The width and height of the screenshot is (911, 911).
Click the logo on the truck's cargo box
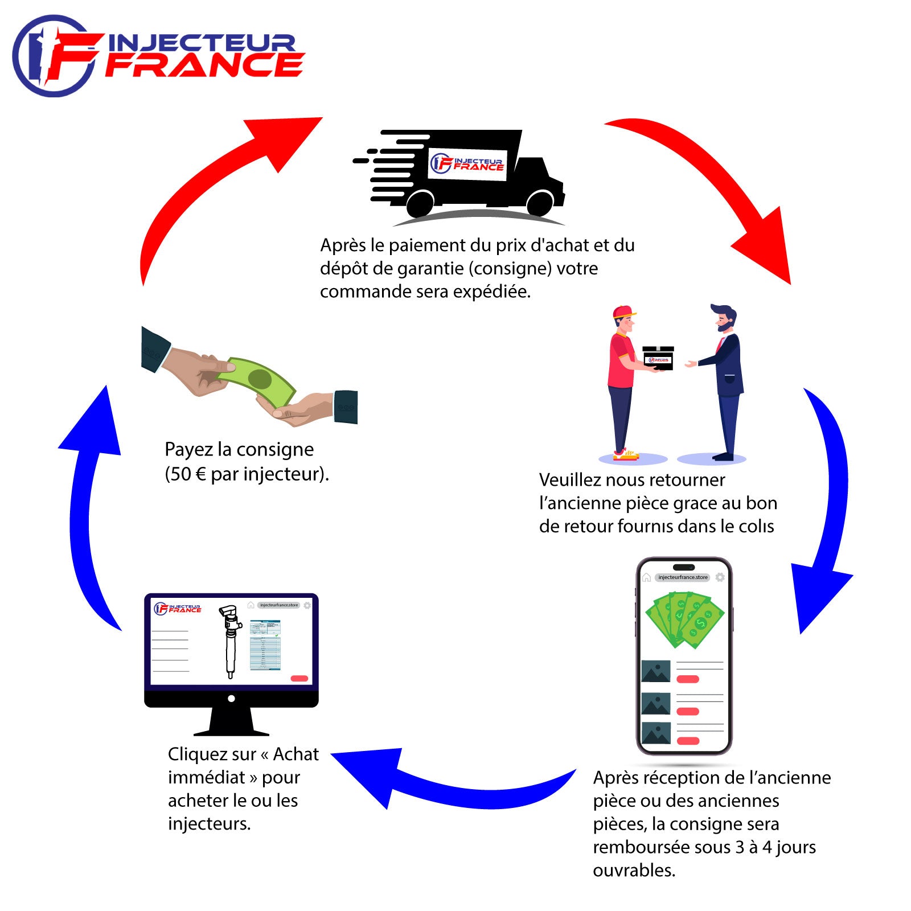click(x=467, y=163)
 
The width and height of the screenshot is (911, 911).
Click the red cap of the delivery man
click(x=624, y=311)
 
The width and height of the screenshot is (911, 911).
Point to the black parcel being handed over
click(x=658, y=358)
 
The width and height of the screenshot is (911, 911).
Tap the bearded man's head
click(x=723, y=319)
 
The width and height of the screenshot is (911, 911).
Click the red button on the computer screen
click(x=299, y=678)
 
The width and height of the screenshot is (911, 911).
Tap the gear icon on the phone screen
click(x=720, y=577)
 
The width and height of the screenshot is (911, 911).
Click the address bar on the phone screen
click(x=683, y=577)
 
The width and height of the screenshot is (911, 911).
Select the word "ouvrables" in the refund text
click(x=633, y=871)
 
